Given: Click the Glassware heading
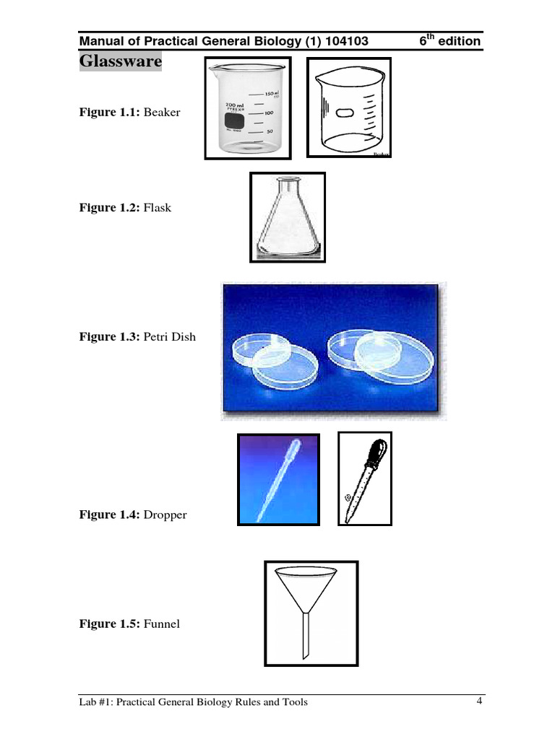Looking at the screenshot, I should point(120,61).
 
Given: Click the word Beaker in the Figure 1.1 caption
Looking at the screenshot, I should point(162,113).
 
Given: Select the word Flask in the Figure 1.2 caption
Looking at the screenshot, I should point(158,208).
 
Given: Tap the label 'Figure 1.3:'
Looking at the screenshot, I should point(110,336).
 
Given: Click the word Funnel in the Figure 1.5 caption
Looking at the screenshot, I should point(162,624).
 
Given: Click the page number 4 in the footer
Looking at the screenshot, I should point(478,701).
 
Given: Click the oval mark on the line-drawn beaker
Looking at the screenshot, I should point(345,113).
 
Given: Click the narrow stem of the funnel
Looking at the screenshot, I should point(306,635).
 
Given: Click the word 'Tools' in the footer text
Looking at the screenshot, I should point(293,702).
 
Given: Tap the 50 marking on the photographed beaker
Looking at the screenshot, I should point(270,132).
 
